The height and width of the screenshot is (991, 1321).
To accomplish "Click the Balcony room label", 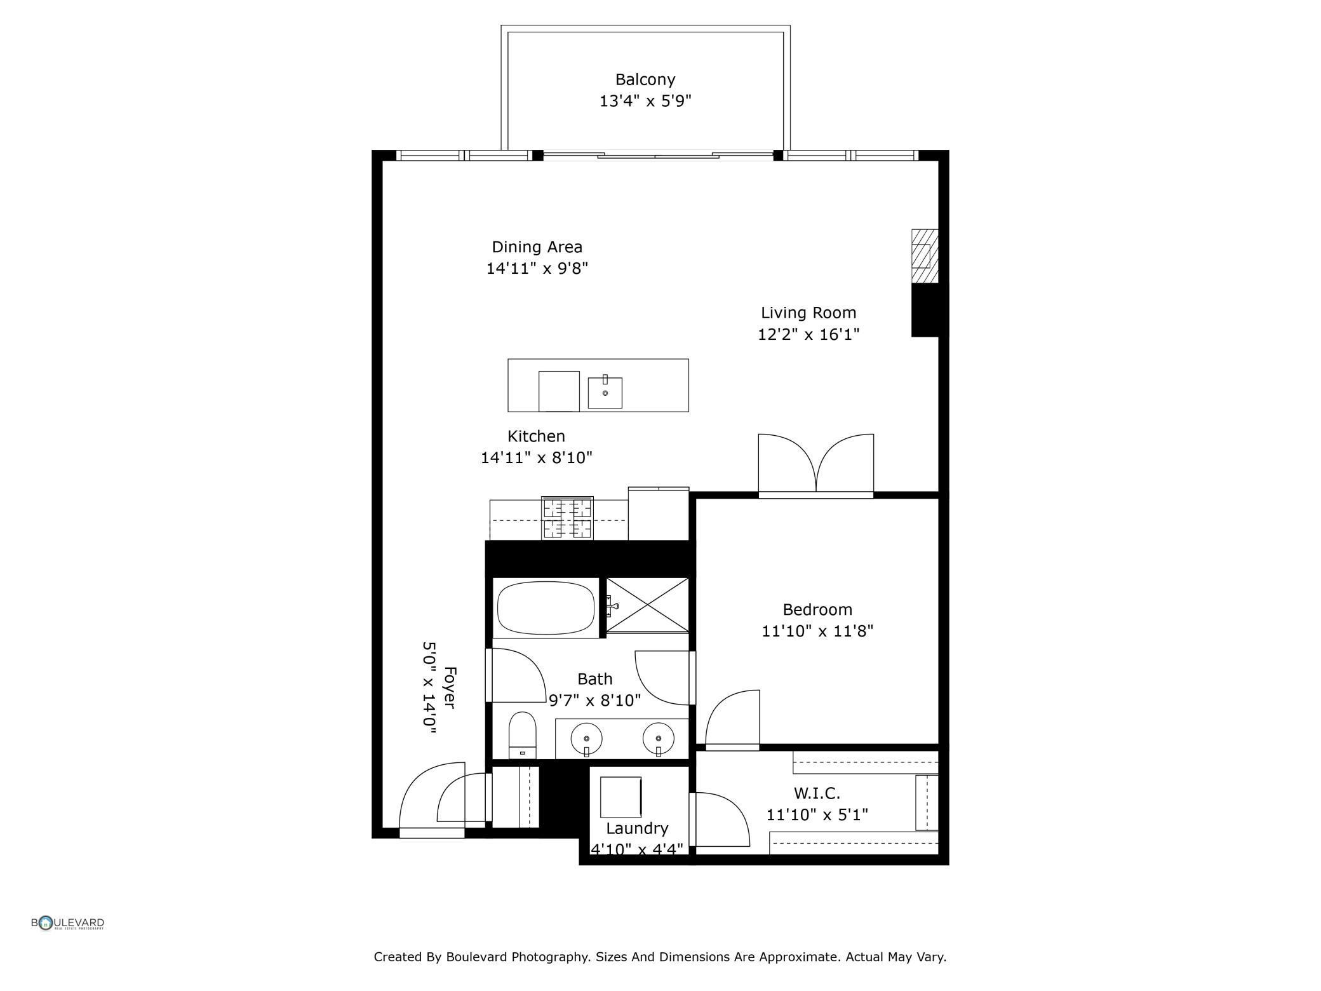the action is click(645, 79).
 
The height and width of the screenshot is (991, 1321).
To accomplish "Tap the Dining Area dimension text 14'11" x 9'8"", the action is click(537, 268).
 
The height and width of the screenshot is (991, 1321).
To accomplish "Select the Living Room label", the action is click(808, 313).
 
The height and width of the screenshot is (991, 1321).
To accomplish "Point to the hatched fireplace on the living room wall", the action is click(925, 256).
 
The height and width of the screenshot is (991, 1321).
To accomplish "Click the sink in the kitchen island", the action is click(605, 393).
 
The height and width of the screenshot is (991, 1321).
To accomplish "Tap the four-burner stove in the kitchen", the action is click(567, 518).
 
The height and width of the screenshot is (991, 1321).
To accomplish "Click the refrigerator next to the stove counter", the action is click(659, 514).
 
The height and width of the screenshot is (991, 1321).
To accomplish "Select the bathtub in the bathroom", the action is click(546, 608).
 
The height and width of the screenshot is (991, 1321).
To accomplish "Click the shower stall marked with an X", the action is click(647, 605).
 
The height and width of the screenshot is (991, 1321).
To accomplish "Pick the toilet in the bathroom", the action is click(523, 735).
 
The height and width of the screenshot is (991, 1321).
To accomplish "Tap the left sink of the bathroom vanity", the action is click(587, 739).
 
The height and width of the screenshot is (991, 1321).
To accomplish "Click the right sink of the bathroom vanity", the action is click(659, 739).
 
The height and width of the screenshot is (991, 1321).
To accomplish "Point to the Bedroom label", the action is click(817, 610).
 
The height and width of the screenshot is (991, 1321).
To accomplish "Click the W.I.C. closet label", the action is click(817, 793).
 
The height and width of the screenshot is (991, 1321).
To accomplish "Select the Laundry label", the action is click(637, 828).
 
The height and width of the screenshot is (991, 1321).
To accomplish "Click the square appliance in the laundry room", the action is click(620, 797).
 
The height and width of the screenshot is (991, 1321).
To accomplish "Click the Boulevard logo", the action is click(68, 923).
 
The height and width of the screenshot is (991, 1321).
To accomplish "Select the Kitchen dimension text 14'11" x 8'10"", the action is click(537, 457).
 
